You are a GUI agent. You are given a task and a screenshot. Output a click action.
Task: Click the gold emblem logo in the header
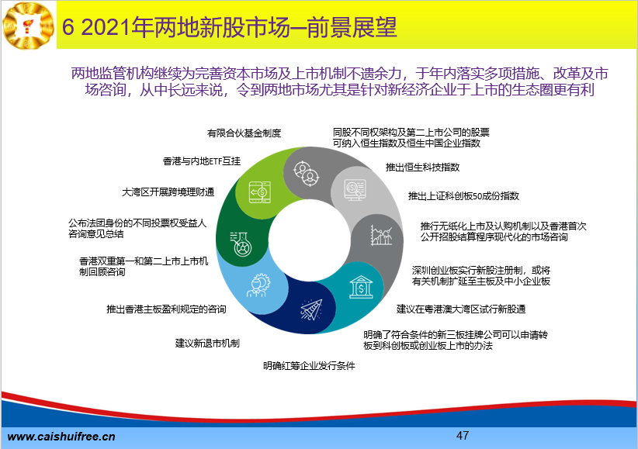coord(29,26)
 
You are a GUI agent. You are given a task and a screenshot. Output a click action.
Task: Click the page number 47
coord(463,436)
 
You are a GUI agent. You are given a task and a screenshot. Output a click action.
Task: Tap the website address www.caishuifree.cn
coord(61,437)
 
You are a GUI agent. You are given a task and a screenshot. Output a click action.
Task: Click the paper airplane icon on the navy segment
coord(311,309)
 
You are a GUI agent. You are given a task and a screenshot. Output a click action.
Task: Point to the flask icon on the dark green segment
coord(241,244)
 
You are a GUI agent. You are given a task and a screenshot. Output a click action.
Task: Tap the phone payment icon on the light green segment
coord(260,192)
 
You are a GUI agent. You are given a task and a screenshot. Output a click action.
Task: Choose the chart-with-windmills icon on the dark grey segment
coord(381,235)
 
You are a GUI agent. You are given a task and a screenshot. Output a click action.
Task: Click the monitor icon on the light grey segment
coord(355,189)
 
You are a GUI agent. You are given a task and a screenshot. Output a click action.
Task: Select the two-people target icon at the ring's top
coord(307,174)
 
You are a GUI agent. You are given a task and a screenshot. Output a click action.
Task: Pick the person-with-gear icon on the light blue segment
coord(258,285)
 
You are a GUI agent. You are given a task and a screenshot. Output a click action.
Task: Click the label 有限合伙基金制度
coord(244,133)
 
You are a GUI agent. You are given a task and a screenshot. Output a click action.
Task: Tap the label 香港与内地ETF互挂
coord(202,161)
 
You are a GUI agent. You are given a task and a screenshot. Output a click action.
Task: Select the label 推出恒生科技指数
coord(422,168)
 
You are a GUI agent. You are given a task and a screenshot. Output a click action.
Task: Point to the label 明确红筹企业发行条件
coord(309,365)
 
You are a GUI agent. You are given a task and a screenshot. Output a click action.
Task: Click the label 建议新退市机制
coord(207,344)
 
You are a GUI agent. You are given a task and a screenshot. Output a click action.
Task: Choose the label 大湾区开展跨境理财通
coord(168,192)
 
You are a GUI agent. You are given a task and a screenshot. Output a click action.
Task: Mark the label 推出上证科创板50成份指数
coord(464,196)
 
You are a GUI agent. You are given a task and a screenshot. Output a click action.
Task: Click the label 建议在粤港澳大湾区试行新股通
coord(461,309)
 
